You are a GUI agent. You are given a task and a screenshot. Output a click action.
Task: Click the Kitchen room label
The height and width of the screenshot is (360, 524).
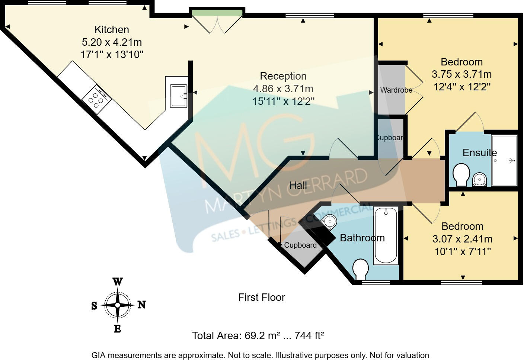pos(112,29)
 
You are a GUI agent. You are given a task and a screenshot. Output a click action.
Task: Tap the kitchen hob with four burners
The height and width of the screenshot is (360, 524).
pos(96,98)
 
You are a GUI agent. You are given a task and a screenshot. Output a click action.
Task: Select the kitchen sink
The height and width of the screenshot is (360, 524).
pos(179,96)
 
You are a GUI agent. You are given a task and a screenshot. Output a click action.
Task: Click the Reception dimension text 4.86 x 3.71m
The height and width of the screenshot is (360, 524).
pos(283,89)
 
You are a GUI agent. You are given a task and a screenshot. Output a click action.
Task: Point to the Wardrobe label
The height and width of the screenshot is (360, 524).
pos(396,90)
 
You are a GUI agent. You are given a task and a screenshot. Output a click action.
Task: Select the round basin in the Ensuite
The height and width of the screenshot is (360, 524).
pos(479,180)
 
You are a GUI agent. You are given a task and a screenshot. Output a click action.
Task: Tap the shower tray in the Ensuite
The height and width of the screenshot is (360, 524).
pos(504,161)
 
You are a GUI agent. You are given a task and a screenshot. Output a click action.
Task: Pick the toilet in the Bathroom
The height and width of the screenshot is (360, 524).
pos(360,269)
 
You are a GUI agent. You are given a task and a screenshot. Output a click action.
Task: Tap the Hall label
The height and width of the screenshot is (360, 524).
pos(298,185)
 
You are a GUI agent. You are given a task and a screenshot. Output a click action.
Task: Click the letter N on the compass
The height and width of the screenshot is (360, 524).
pos(141,305)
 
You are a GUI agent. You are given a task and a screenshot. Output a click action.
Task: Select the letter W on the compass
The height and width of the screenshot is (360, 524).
pos(118,282)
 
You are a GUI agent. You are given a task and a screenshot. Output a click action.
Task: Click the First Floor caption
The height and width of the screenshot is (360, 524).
pos(262,297)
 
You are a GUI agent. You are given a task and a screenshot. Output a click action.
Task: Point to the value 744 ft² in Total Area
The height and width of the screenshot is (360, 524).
pos(309,336)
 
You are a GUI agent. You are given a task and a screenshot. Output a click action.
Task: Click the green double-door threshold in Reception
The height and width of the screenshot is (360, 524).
pos(217,13)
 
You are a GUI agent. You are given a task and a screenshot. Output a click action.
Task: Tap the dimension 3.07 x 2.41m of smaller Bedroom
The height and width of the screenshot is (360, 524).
pos(462,239)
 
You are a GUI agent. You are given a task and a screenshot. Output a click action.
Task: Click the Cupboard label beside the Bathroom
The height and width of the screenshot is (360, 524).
pos(300,245)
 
